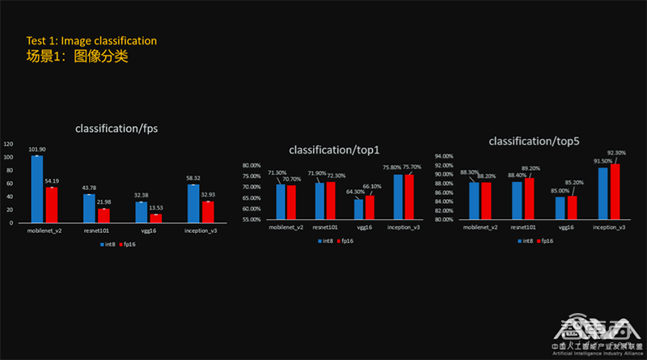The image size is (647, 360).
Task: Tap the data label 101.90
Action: coord(37,149)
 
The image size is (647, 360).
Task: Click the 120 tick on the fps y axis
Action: coord(8,144)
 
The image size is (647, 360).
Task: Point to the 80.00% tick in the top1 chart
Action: coord(251,165)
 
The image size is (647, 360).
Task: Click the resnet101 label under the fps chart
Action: coord(95,231)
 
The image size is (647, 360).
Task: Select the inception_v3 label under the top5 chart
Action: coord(608,227)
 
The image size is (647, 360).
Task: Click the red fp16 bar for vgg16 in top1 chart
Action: coord(370,207)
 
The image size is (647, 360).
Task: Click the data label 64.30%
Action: coord(354,192)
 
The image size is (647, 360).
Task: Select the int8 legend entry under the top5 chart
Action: coord(526,240)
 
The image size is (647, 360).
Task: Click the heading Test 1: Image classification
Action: coord(91,40)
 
